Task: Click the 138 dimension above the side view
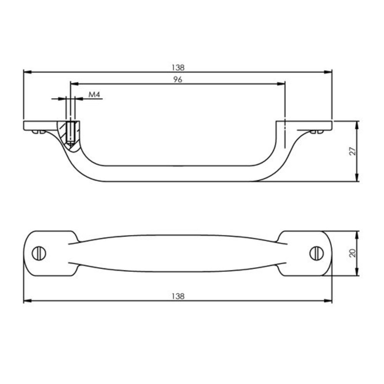pyautogui.click(x=178, y=67)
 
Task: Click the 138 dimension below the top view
pyautogui.click(x=178, y=296)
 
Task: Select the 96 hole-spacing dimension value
pyautogui.click(x=177, y=79)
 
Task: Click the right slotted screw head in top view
pyautogui.click(x=317, y=253)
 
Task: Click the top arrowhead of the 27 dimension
pyautogui.click(x=358, y=124)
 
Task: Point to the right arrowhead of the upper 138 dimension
pyautogui.click(x=329, y=72)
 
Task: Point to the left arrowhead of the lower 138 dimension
pyautogui.click(x=27, y=301)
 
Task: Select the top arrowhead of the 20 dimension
pyautogui.click(x=358, y=234)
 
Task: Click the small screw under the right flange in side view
pyautogui.click(x=317, y=132)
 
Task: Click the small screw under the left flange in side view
pyautogui.click(x=38, y=132)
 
